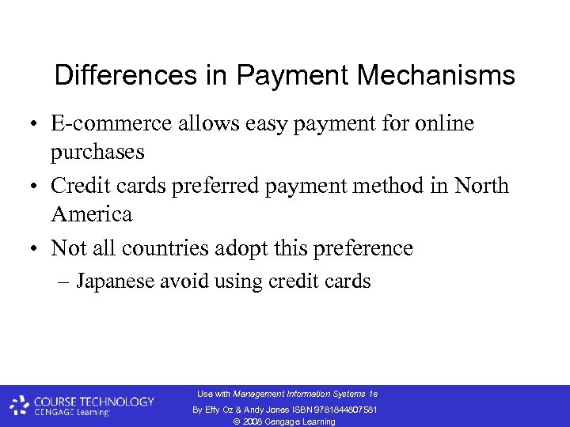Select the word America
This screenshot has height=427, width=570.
(91, 213)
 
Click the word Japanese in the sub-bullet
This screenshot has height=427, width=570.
(116, 281)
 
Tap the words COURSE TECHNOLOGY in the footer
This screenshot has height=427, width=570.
(93, 402)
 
